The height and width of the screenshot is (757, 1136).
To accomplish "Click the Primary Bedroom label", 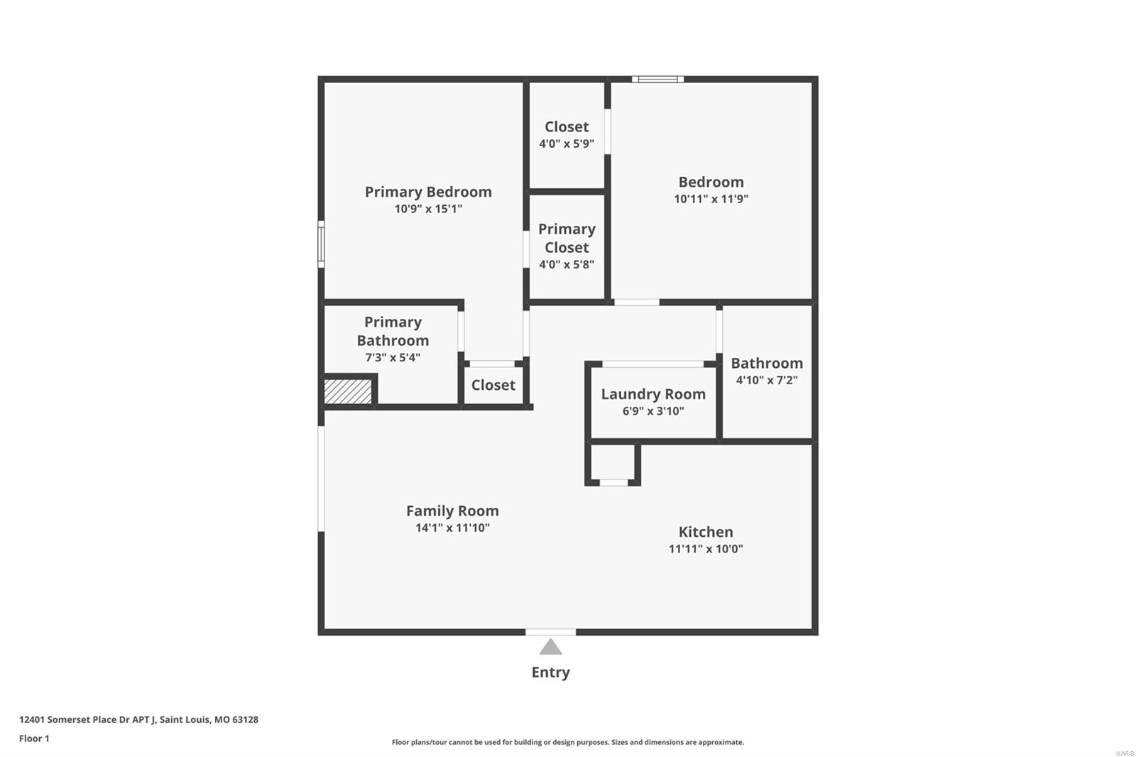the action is pos(428,192).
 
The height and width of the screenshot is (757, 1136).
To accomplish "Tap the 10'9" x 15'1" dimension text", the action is pos(429,209).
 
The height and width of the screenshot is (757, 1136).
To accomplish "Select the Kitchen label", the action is pos(706,532).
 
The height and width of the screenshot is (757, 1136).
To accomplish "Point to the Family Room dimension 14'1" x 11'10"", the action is pos(452,528).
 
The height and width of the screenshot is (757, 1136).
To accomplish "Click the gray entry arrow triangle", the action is pos(550,647).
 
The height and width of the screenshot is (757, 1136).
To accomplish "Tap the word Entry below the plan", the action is pos(550,672).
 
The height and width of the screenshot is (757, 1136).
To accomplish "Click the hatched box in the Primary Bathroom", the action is pos(348,391).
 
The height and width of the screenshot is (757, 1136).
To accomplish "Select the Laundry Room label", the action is pos(653,394).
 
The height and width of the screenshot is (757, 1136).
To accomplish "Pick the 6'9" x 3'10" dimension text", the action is pos(653,411).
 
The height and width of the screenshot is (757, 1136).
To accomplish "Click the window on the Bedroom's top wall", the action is pos(657,79).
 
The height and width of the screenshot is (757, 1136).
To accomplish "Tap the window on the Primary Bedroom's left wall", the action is pos(321,244).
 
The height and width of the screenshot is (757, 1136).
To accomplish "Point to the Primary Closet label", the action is pos(567,238).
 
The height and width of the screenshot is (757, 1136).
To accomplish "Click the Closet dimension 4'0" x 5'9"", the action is pos(567,143).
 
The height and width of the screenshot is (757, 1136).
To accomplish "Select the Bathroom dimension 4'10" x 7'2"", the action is pos(767,380).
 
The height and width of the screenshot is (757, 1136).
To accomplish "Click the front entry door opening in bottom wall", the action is pos(550,632).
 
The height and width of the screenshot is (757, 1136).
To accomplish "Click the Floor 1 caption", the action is pos(35,739).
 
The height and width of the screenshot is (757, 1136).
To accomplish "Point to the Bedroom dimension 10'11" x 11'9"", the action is pos(711,199).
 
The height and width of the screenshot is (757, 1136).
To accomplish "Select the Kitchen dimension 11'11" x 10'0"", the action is pos(706,548).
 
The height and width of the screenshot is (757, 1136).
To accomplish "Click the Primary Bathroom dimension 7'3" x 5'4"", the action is pos(393,358).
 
